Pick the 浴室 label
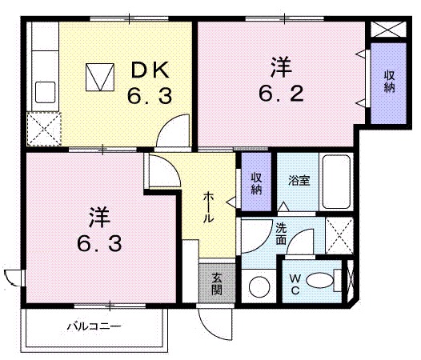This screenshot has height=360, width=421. tap(299, 180)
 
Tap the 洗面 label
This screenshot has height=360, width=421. tap(282, 233)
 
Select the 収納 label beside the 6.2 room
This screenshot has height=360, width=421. tap(389, 81)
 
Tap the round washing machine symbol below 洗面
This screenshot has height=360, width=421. tap(259, 285)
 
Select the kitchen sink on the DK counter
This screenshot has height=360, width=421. tap(43, 90)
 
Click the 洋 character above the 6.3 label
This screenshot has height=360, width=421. tap(98, 216)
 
